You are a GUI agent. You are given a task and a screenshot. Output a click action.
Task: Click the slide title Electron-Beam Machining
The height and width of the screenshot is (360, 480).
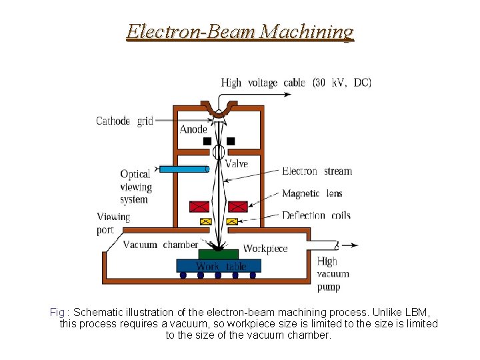[x=240, y=31]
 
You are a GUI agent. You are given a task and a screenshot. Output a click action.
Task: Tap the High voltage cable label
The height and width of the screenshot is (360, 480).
[x=296, y=83]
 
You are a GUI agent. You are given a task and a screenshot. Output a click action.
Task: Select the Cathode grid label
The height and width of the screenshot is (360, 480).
[x=125, y=121]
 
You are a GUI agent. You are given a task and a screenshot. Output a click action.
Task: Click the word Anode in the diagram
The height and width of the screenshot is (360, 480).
[x=193, y=129]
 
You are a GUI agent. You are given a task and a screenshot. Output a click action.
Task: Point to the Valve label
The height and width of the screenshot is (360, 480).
[x=236, y=163]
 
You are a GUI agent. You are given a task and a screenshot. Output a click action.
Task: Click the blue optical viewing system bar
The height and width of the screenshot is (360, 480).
[x=184, y=169]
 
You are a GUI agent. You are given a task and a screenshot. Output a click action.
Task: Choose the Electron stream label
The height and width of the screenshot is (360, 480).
[x=317, y=171]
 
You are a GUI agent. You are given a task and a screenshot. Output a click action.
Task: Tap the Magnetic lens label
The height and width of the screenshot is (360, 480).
[x=312, y=193]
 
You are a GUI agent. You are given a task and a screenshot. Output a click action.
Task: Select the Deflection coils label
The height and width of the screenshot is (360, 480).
[x=316, y=215]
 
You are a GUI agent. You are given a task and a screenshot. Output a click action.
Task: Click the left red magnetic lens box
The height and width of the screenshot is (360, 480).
[x=199, y=207]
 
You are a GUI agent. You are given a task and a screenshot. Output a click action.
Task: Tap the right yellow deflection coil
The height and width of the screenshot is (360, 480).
[x=232, y=221]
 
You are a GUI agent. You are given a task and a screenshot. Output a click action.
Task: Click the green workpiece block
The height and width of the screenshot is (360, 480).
[x=219, y=254]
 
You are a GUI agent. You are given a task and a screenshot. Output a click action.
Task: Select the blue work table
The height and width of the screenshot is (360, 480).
[x=219, y=266]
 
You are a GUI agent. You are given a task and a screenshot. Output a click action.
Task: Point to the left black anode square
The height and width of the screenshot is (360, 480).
[x=207, y=141]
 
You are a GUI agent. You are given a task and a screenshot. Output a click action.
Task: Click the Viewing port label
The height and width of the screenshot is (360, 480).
[x=113, y=223]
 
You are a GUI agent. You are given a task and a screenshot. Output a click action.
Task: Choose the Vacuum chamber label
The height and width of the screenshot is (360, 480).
[x=161, y=245]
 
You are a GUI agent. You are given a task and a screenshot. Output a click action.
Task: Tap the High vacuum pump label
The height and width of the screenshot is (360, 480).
[x=333, y=274]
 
